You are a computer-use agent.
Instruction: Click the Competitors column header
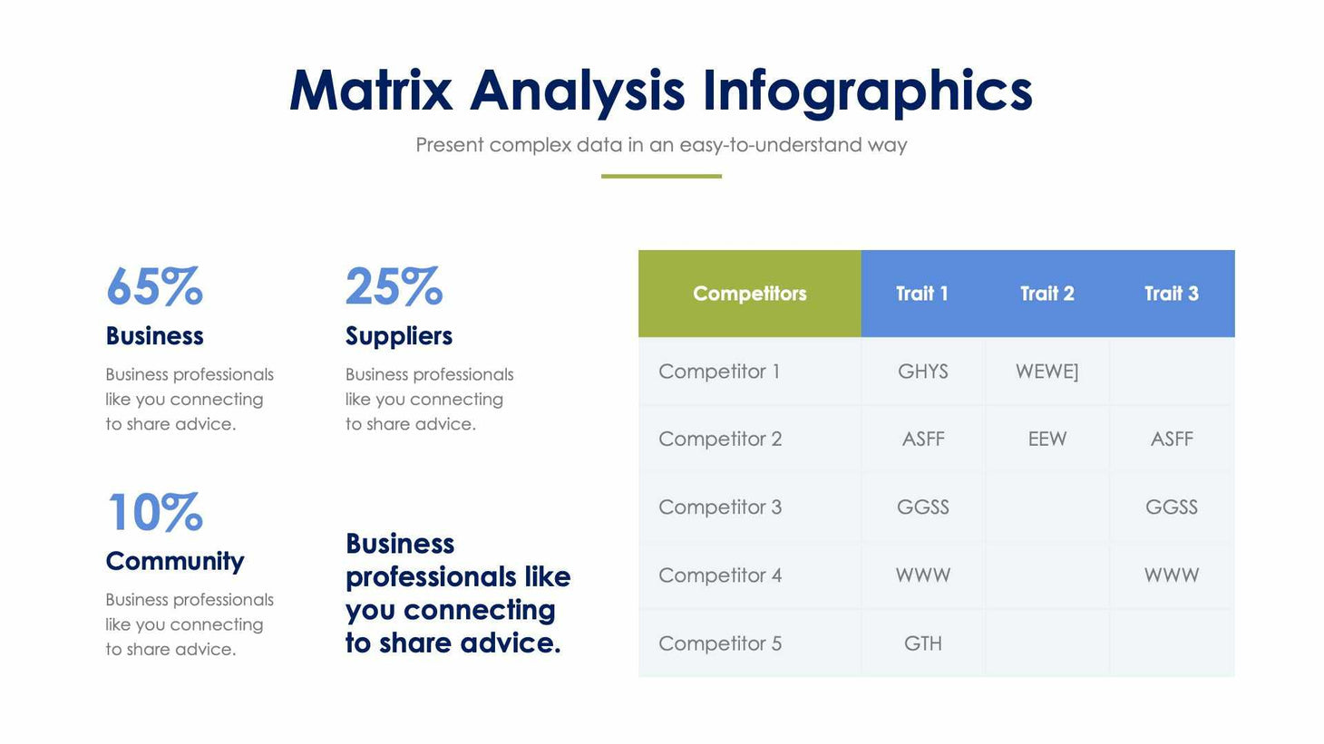[x=749, y=294]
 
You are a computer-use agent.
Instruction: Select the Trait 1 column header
[x=921, y=294]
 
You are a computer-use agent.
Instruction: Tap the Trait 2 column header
[x=1047, y=294]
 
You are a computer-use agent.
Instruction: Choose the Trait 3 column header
[x=1171, y=294]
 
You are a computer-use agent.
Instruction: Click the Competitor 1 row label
[x=719, y=372]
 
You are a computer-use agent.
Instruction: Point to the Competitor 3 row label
[x=720, y=507]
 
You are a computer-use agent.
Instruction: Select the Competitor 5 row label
[x=720, y=643]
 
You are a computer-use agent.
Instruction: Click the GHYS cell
[x=922, y=372]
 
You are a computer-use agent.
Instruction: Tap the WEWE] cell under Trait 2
[x=1047, y=372]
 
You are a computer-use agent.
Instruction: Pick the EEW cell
[x=1047, y=440]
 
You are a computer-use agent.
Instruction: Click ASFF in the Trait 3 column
[x=1171, y=440]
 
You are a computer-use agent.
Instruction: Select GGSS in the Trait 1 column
[x=922, y=507]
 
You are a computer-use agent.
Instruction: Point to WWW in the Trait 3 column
[x=1171, y=575]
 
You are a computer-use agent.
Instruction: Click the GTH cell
[x=922, y=643]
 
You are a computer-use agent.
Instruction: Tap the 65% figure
[x=154, y=287]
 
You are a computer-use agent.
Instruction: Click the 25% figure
[x=394, y=287]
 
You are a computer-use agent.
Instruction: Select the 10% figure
[x=154, y=513]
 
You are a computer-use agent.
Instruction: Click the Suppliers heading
[x=398, y=336]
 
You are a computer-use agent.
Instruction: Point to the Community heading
[x=175, y=562]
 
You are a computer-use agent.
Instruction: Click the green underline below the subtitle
[x=661, y=176]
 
